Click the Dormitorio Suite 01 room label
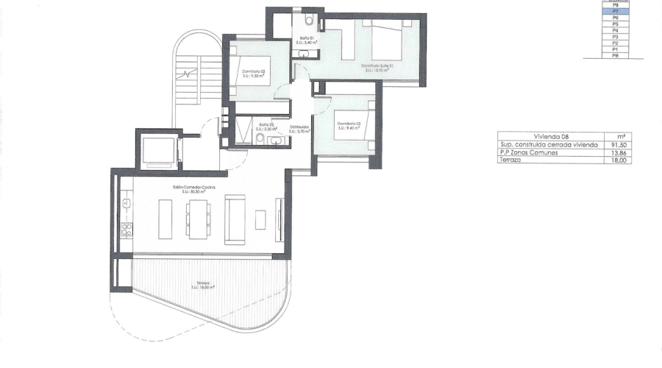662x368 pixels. [377, 67]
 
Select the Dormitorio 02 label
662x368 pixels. [253, 73]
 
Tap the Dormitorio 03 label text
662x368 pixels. [347, 125]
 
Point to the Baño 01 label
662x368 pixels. [307, 40]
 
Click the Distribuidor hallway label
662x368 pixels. [299, 129]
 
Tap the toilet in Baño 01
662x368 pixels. [310, 20]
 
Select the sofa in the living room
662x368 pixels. [235, 219]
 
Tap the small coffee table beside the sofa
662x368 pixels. [260, 219]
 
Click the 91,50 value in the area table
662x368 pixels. [618, 145]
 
